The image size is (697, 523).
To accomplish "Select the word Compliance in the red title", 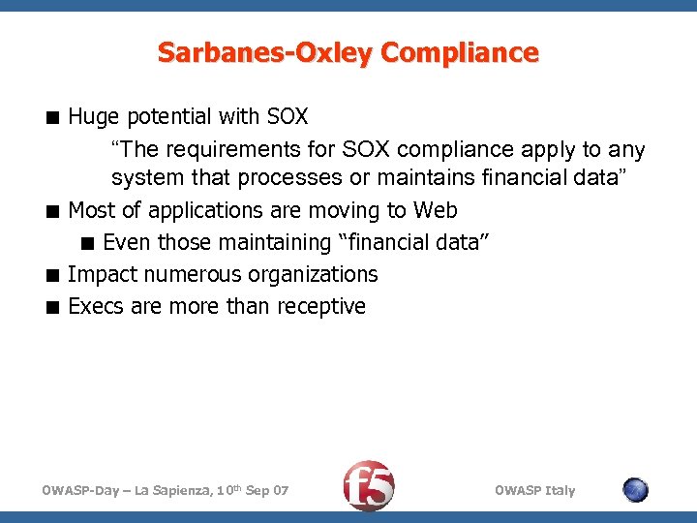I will (459, 52).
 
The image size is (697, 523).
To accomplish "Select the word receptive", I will (321, 306).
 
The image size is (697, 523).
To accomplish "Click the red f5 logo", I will (370, 485).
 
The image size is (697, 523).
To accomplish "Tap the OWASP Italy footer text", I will (534, 491).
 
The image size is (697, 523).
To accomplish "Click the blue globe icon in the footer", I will (635, 490).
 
